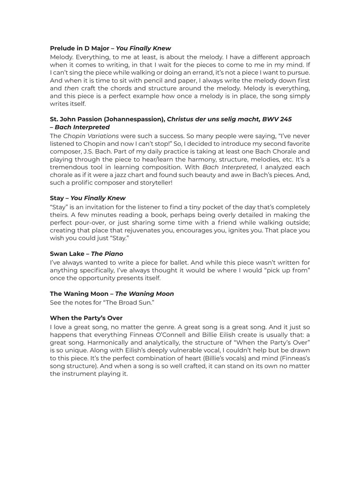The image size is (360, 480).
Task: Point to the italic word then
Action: tap(71, 88)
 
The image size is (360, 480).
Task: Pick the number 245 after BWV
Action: tap(285, 119)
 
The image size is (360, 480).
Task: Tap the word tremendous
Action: tap(68, 167)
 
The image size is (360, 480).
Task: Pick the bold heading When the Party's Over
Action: tap(86, 318)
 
